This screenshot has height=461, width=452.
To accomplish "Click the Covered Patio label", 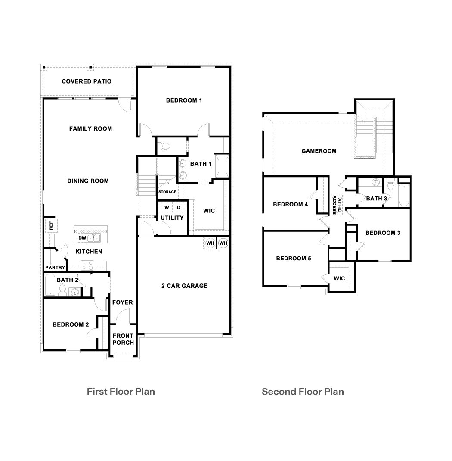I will pyautogui.click(x=87, y=81).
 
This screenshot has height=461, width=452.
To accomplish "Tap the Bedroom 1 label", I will pyautogui.click(x=184, y=100).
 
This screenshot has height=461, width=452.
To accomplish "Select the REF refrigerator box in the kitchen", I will pyautogui.click(x=51, y=225).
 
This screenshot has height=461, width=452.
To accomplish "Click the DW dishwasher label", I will pyautogui.click(x=82, y=238).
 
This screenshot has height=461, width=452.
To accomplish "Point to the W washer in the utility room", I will pyautogui.click(x=167, y=208).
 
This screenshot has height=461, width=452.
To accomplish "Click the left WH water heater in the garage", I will pyautogui.click(x=210, y=243).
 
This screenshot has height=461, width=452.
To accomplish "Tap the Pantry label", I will pyautogui.click(x=55, y=268).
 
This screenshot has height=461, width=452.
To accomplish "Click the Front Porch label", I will pyautogui.click(x=123, y=339).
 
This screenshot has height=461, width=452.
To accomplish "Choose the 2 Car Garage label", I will pyautogui.click(x=184, y=286).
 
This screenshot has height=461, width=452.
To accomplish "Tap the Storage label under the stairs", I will pyautogui.click(x=167, y=192).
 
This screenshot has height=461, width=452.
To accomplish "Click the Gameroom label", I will pyautogui.click(x=319, y=151).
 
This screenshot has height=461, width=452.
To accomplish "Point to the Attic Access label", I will pyautogui.click(x=337, y=206).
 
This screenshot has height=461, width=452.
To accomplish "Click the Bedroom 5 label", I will pyautogui.click(x=293, y=259).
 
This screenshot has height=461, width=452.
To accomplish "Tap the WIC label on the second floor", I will pyautogui.click(x=339, y=278).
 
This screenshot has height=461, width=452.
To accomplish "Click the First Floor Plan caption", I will pyautogui.click(x=121, y=392).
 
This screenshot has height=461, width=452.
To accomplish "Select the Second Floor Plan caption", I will pyautogui.click(x=303, y=392).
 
